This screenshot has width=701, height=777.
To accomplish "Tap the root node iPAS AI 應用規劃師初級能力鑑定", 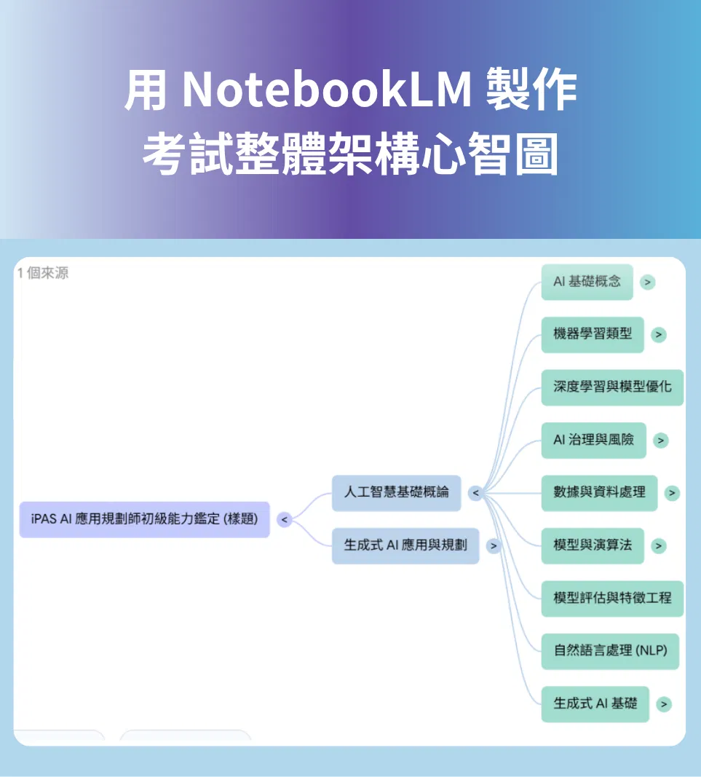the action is (x=145, y=519).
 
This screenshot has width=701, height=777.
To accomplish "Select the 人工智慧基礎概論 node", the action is (x=396, y=492).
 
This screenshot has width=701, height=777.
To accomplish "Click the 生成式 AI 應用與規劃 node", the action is (x=405, y=545).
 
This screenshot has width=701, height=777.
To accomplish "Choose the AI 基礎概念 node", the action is (x=587, y=282).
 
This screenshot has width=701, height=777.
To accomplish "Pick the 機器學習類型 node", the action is (x=593, y=334).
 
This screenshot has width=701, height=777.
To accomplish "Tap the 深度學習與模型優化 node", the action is (x=612, y=387).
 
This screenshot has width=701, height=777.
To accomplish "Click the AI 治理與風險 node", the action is (x=593, y=440).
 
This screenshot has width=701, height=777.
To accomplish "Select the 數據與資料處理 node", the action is (x=599, y=492).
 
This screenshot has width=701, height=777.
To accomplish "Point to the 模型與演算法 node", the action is (x=593, y=545).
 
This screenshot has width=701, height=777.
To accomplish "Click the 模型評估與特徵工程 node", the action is (x=612, y=598).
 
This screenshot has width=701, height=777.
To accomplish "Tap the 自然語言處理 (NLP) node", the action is (x=610, y=651).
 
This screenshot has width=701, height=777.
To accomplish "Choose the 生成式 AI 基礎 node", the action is (x=595, y=703).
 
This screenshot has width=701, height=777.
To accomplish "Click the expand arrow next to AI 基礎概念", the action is (x=647, y=282).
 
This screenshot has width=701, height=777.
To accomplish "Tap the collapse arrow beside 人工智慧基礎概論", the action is (x=475, y=493).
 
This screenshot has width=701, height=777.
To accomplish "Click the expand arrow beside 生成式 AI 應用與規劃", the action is (x=494, y=546).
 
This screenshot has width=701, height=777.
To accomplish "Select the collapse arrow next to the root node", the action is (x=285, y=520).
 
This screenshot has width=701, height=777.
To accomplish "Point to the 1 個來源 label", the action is (x=43, y=272).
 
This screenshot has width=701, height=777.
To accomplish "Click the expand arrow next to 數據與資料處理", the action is (x=672, y=493).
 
